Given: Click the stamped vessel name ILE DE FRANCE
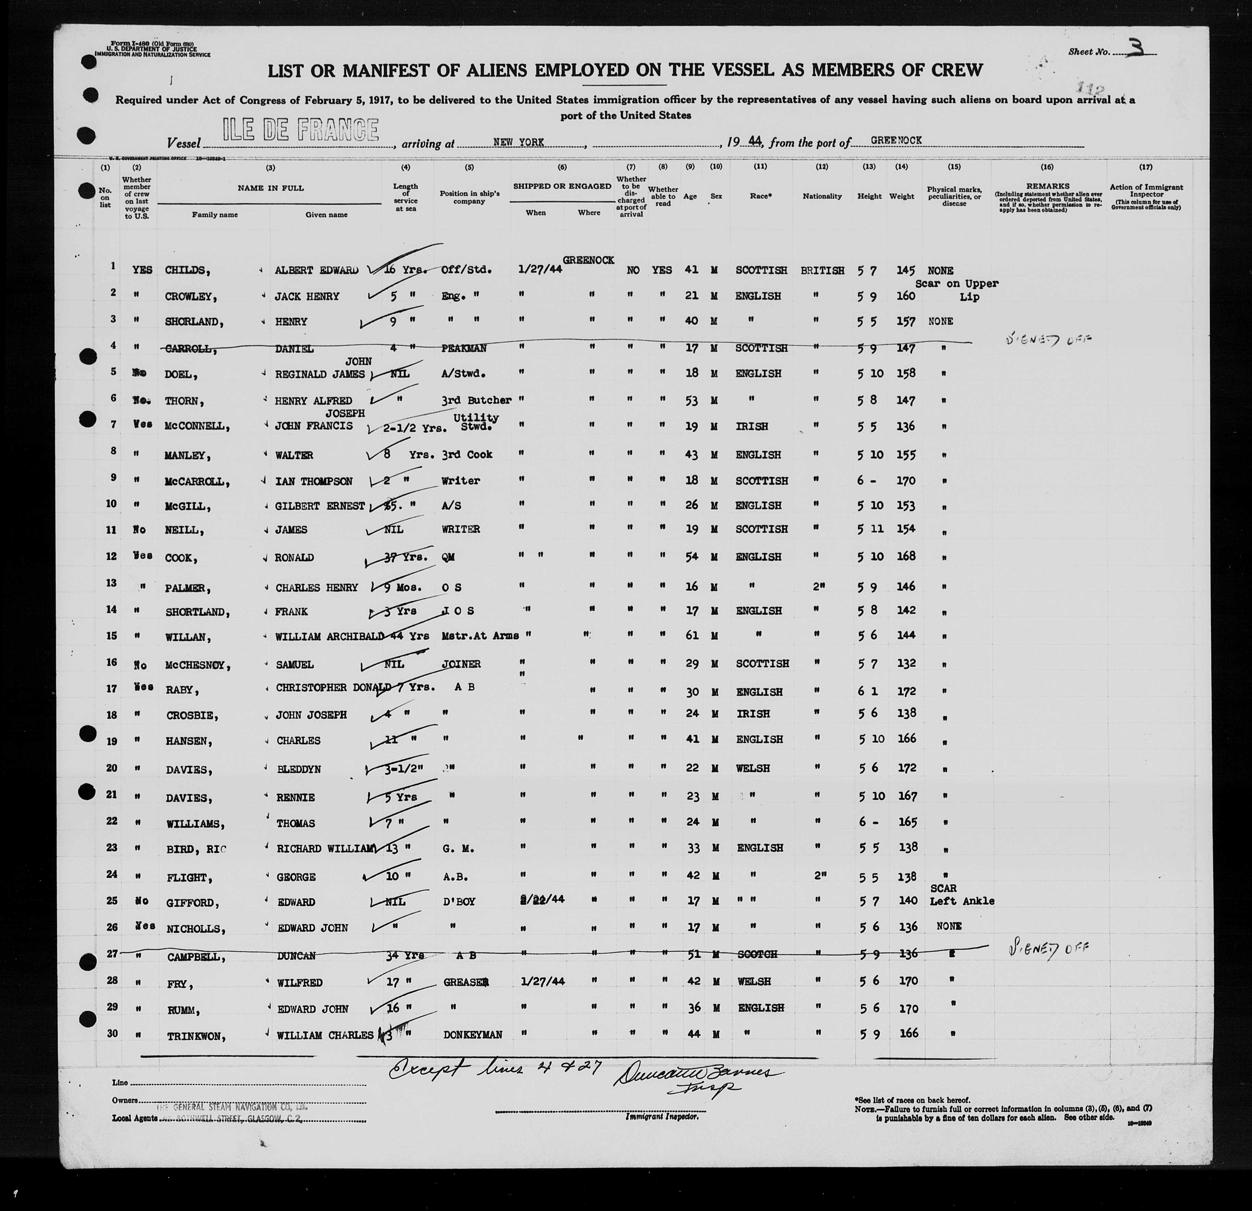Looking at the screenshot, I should (300, 131).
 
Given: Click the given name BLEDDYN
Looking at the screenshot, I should (298, 770).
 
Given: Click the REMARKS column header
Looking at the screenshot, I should (1047, 186).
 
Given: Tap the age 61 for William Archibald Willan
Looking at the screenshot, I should (692, 635).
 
